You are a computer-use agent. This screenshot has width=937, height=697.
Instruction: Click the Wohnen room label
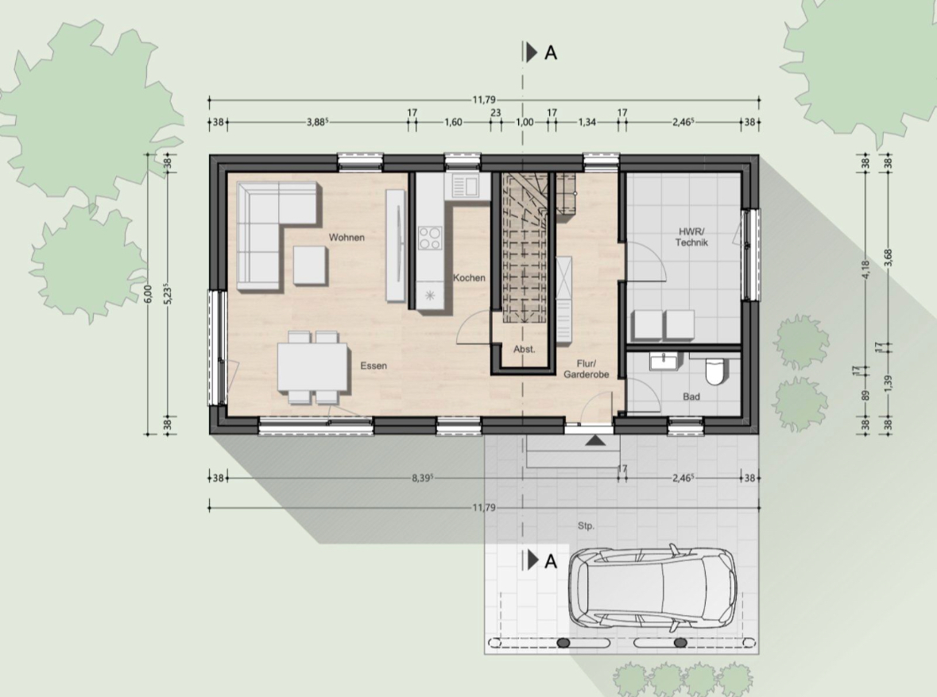[347, 238]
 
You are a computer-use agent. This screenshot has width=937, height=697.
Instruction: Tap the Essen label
[374, 366]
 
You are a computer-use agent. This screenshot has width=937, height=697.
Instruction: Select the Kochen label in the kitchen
[469, 278]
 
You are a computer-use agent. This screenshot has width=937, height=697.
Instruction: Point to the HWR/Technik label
[691, 237]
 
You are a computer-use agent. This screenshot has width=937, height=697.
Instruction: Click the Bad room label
[691, 397]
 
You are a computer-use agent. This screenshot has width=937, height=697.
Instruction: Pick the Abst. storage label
[524, 349]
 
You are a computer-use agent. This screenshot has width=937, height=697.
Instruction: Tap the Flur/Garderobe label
[587, 369]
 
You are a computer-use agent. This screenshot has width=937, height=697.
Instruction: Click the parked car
[652, 588]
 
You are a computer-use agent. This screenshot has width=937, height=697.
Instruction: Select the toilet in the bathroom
[714, 370]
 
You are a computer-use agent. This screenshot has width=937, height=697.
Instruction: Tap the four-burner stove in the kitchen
[430, 238]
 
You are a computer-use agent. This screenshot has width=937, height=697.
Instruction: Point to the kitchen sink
[466, 187]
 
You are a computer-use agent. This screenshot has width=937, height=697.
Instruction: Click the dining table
[313, 366]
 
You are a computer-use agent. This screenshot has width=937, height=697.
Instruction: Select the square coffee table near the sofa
[311, 265]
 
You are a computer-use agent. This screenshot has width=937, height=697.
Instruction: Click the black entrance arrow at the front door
[594, 441]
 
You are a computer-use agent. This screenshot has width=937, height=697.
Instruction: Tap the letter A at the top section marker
[551, 53]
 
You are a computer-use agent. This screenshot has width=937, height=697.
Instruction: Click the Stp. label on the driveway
[586, 526]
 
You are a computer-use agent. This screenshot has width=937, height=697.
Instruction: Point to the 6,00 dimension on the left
[149, 294]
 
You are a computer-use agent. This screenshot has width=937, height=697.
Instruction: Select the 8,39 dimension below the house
[423, 478]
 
